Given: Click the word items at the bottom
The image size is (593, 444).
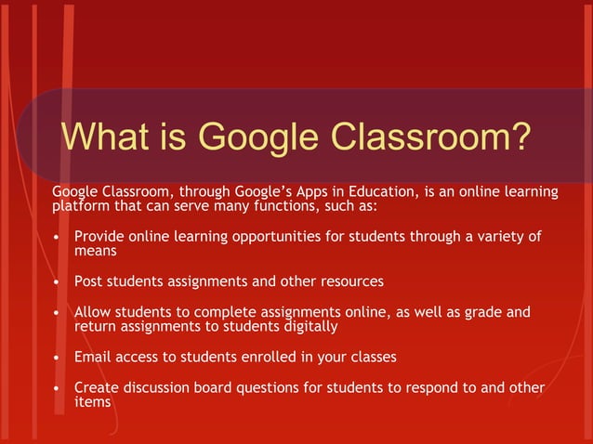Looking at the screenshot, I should (x=93, y=401).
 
